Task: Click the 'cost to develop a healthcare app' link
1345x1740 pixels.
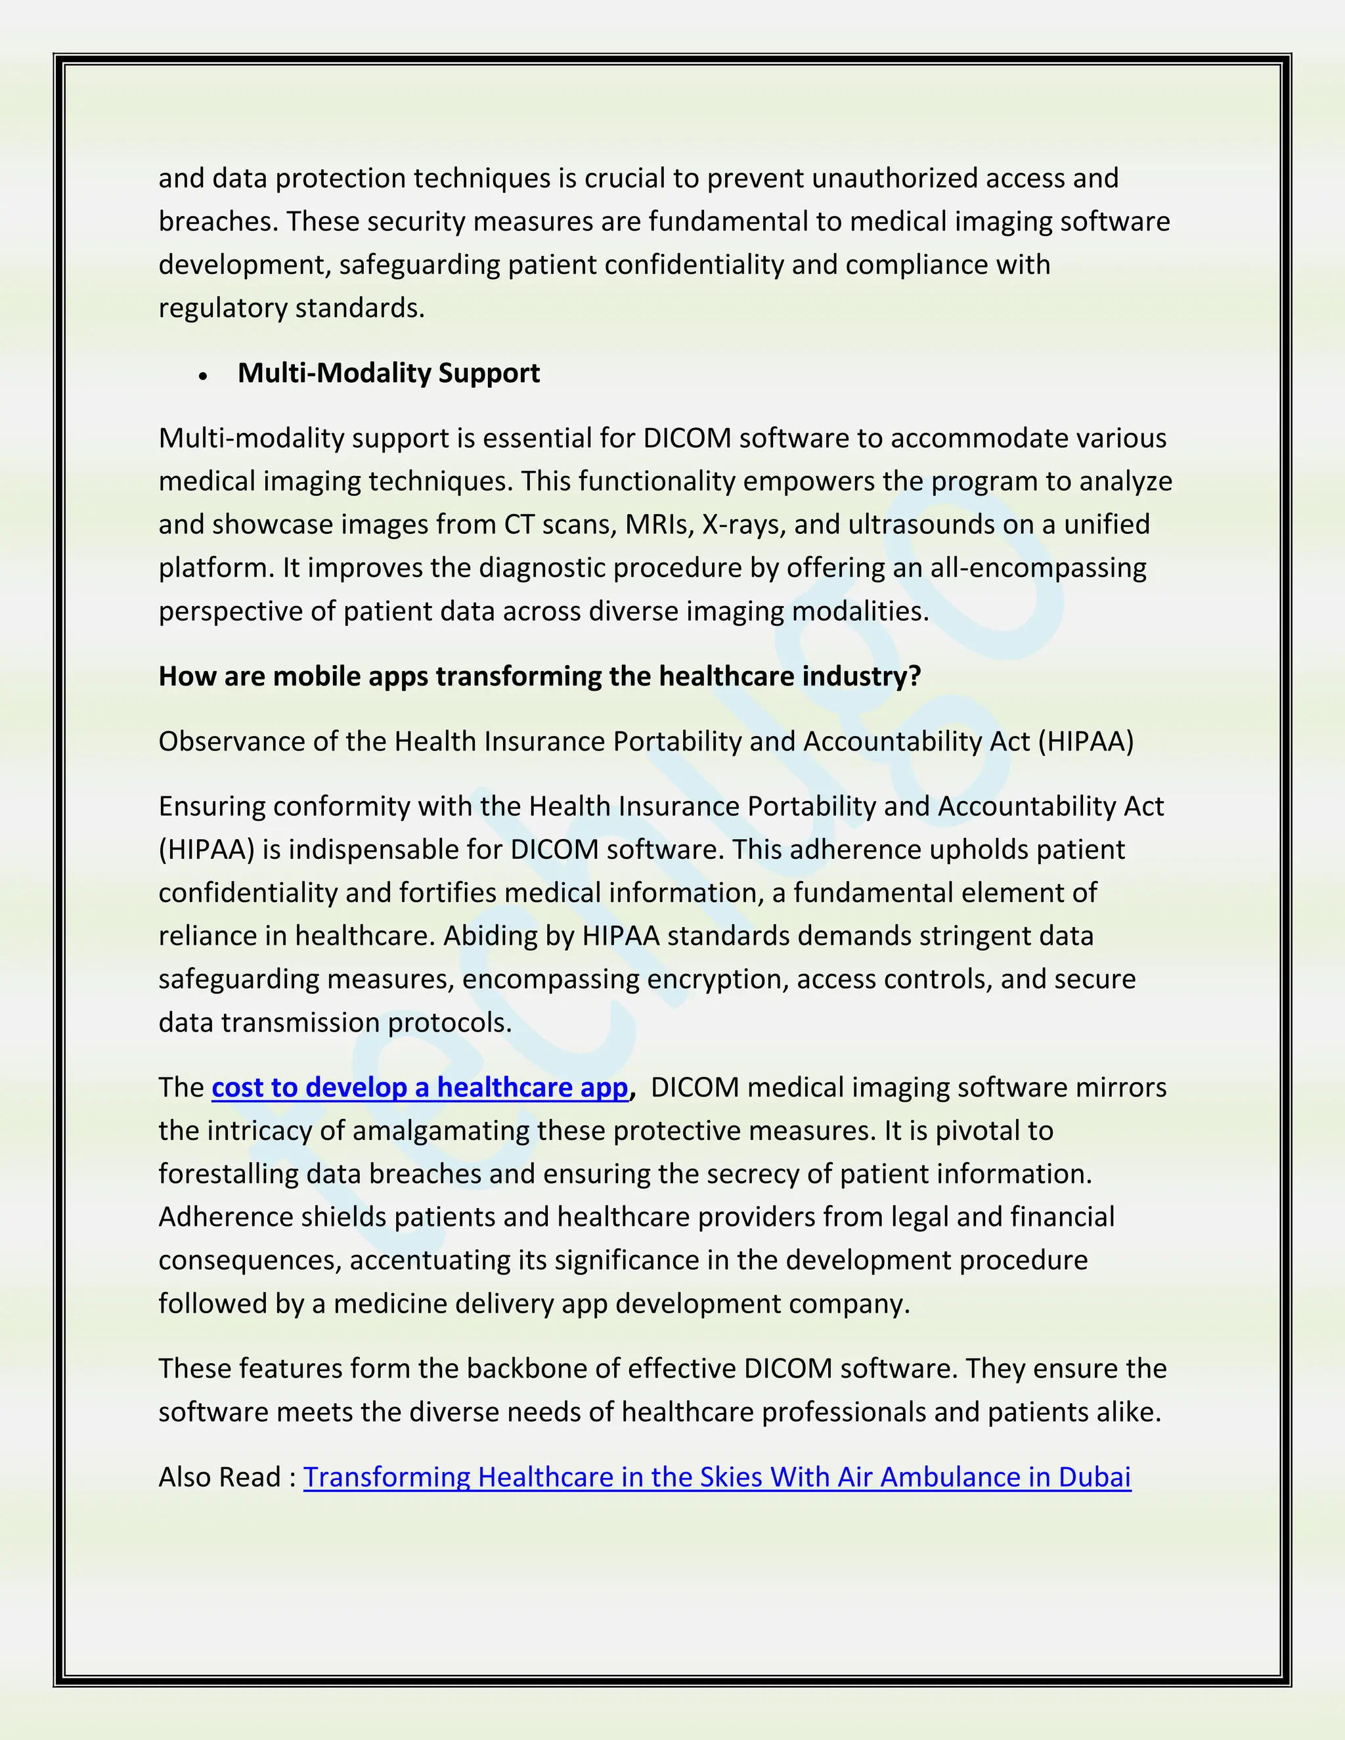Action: click(x=420, y=1087)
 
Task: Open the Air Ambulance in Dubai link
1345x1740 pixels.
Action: click(x=717, y=1477)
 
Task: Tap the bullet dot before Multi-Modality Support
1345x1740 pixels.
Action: click(x=204, y=375)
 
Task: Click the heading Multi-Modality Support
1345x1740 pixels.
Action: click(x=388, y=373)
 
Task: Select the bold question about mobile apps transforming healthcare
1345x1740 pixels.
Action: click(x=539, y=676)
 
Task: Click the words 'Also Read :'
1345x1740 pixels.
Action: click(x=227, y=1477)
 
